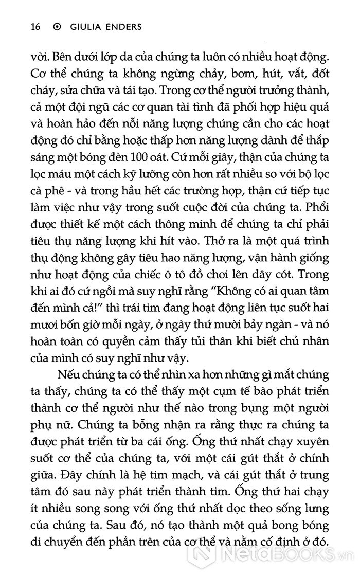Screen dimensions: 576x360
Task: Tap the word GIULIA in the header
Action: (x=82, y=27)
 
